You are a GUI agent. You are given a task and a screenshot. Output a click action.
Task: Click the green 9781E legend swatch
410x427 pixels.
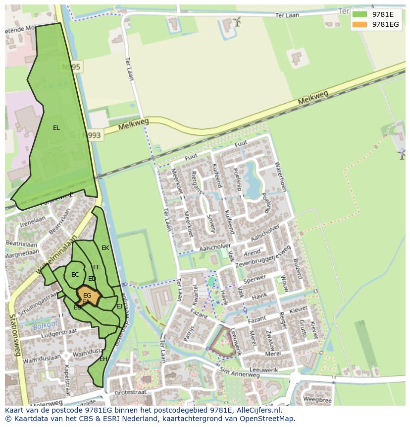359,14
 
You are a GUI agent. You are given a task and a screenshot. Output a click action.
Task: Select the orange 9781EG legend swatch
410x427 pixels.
359,24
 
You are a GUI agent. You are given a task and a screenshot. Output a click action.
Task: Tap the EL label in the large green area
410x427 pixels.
56,128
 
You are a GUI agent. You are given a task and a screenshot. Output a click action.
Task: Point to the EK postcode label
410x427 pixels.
105,248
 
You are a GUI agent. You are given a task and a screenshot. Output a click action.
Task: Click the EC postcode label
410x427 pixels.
75,275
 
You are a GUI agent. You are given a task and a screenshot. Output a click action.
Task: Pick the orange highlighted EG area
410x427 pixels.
88,296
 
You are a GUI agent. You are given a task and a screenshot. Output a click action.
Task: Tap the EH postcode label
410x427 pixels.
103,359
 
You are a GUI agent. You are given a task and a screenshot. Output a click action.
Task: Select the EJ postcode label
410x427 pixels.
119,306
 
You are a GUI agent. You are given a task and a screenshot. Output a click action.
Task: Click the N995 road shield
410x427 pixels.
71,66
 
